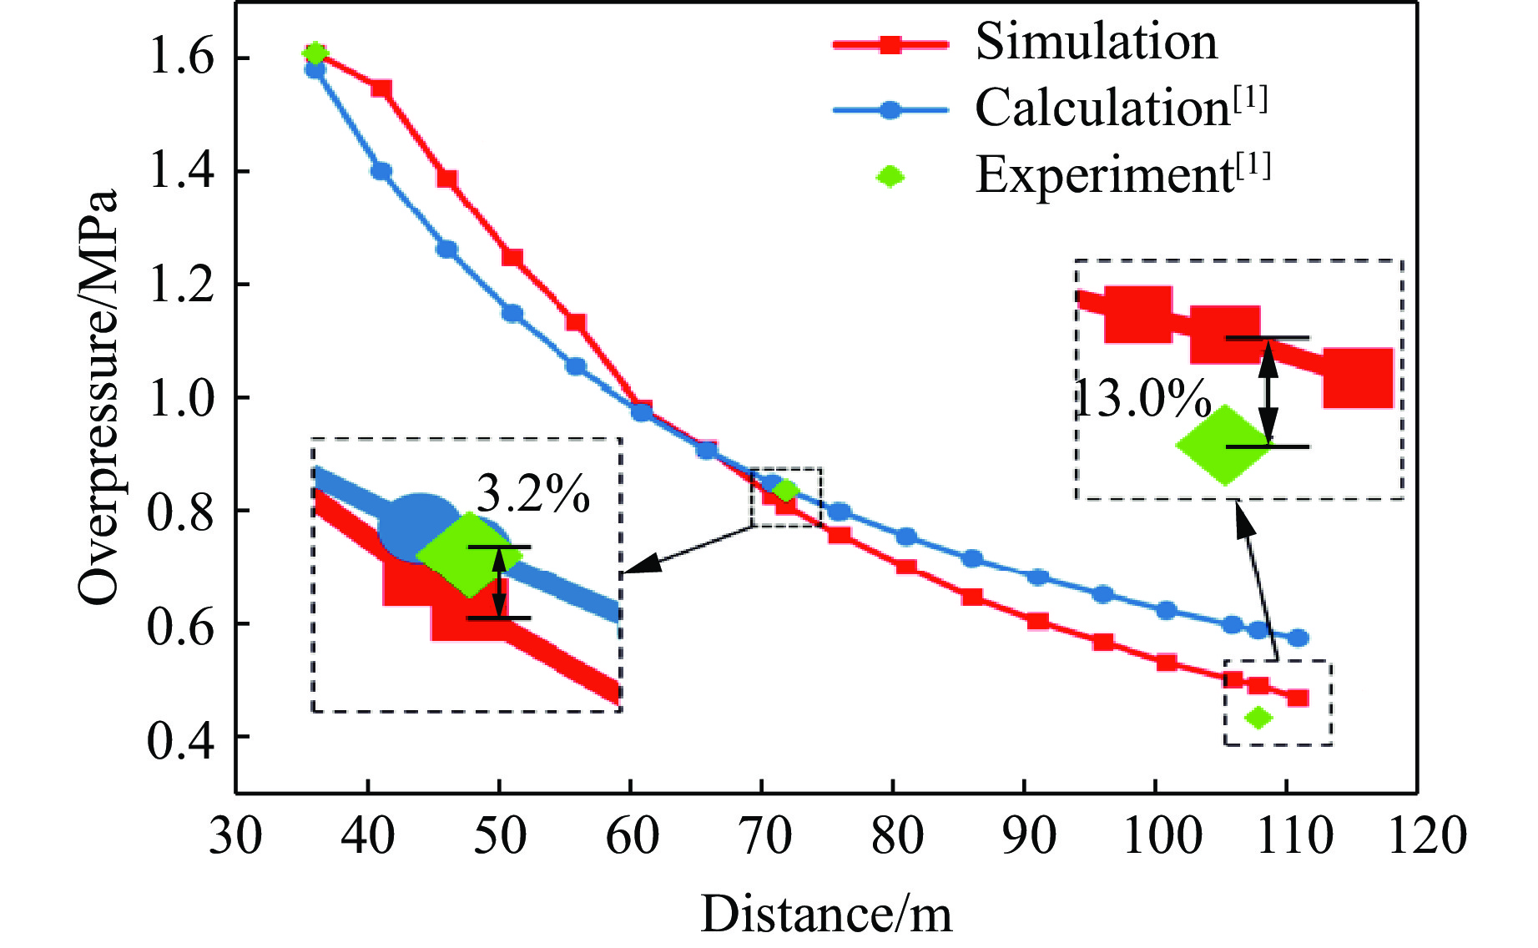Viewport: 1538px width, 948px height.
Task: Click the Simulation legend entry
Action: [x=1096, y=42]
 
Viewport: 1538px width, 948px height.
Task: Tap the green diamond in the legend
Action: [x=890, y=176]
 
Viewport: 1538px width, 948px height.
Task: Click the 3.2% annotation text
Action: [x=532, y=494]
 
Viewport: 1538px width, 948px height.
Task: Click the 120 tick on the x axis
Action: [x=1426, y=835]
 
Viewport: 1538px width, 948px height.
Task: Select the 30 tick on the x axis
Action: [x=235, y=835]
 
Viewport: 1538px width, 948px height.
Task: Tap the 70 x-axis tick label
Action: [x=764, y=835]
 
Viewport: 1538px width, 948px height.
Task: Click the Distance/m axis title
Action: [x=825, y=914]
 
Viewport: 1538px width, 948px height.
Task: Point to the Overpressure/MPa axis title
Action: [x=98, y=396]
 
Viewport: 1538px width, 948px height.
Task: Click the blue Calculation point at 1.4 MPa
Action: [x=381, y=171]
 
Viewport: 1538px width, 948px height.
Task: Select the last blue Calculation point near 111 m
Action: [x=1298, y=638]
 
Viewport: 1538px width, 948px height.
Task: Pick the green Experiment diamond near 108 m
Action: [x=1258, y=717]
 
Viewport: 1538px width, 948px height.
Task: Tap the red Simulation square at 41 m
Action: [x=381, y=89]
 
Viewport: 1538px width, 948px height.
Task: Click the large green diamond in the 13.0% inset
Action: [x=1223, y=445]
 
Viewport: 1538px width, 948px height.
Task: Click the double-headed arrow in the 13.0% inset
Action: [x=1268, y=392]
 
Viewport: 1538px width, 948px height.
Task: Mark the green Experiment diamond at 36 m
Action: [x=315, y=53]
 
